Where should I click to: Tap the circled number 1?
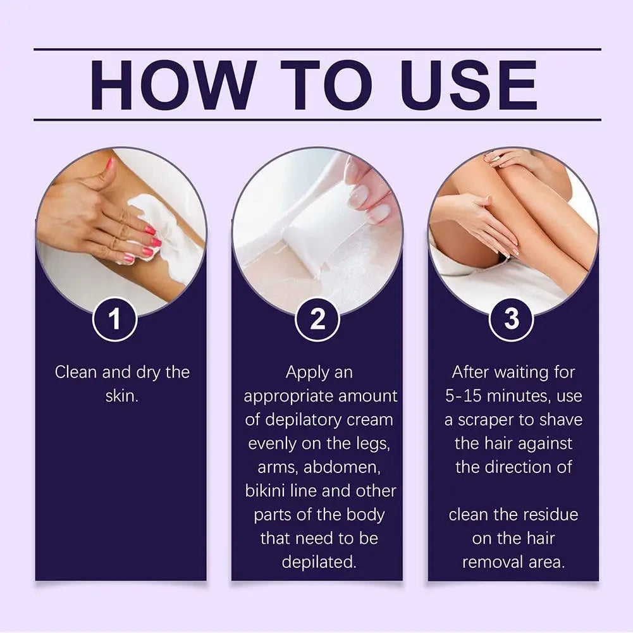point(114,320)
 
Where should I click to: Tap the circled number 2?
point(317,320)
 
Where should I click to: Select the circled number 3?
point(512,320)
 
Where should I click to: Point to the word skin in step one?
point(121,396)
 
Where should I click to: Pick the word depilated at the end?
point(319,562)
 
